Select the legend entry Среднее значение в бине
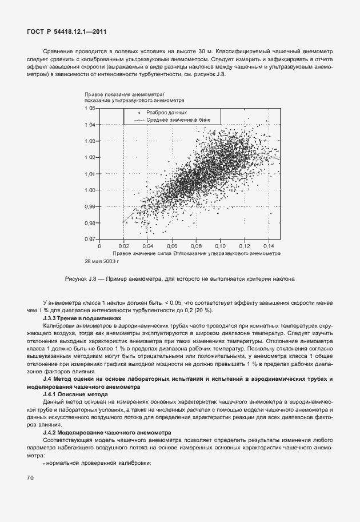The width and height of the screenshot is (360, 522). pos(175,121)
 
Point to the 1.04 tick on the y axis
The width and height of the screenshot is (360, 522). pos(90,124)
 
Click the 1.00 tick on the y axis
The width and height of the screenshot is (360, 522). pos(90,190)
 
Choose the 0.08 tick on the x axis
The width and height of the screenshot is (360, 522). pos(196,246)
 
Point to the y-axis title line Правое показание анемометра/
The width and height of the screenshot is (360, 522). pos(124,94)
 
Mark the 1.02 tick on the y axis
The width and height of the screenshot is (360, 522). pos(90,157)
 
